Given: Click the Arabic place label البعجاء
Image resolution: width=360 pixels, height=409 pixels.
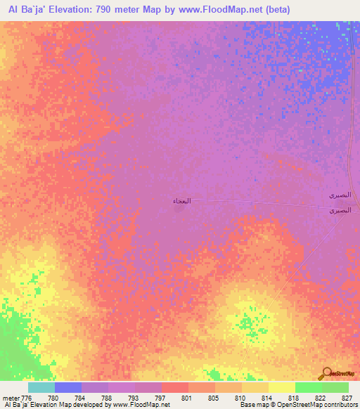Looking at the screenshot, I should coord(180,202).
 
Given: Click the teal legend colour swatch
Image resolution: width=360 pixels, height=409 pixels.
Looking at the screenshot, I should coord(41,388).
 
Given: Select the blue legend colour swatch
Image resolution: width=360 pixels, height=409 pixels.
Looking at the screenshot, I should coord(68,388).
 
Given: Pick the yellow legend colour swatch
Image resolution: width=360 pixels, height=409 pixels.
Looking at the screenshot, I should coord(282,388).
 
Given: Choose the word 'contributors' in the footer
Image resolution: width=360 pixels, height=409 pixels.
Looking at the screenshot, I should coord(340,405).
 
